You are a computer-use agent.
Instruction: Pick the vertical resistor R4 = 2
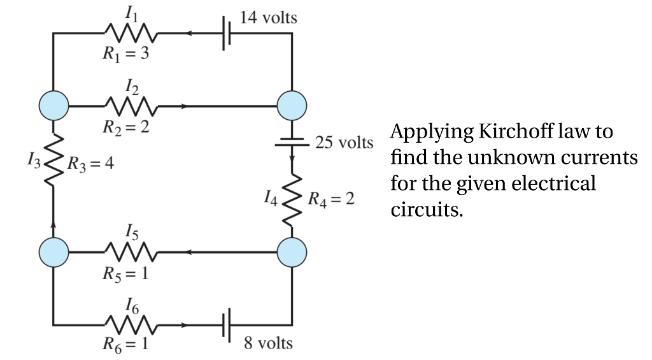click(292, 199)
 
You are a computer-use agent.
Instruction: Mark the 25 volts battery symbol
click(292, 141)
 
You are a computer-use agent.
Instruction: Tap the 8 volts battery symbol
click(226, 326)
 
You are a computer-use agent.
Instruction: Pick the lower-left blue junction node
click(53, 252)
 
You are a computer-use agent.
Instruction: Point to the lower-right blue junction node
click(292, 252)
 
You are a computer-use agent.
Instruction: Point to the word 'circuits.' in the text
click(426, 210)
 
